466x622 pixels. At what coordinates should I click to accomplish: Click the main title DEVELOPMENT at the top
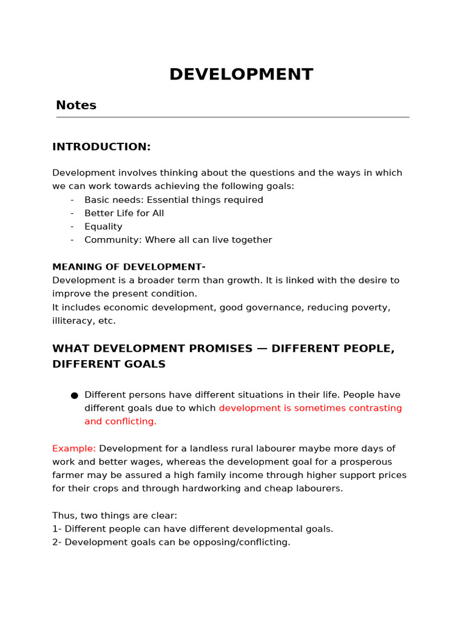(241, 75)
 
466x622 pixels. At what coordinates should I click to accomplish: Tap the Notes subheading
(76, 105)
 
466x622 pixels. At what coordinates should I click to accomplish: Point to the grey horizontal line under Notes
(232, 117)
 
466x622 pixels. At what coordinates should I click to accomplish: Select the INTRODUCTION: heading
(101, 147)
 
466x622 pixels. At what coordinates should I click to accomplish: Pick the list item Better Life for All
(124, 213)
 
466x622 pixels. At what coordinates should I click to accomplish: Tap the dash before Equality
(72, 227)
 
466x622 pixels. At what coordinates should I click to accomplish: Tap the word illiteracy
(73, 321)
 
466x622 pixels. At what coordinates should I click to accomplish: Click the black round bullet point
(74, 395)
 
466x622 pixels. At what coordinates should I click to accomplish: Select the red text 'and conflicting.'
(120, 422)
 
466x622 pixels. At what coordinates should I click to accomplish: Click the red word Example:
(74, 448)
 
